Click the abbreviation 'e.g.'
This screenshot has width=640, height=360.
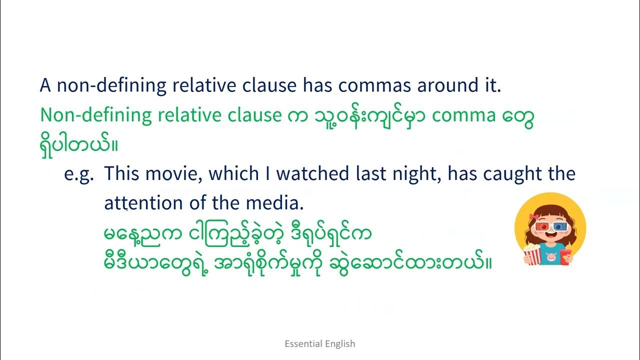pos(79,174)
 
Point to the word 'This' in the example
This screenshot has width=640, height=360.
pos(120,174)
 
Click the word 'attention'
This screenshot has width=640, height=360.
pos(143,203)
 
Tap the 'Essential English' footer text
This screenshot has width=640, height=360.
pos(320,343)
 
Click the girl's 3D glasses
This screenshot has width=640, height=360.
pos(550,226)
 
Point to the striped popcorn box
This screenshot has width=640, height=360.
pos(532,254)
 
